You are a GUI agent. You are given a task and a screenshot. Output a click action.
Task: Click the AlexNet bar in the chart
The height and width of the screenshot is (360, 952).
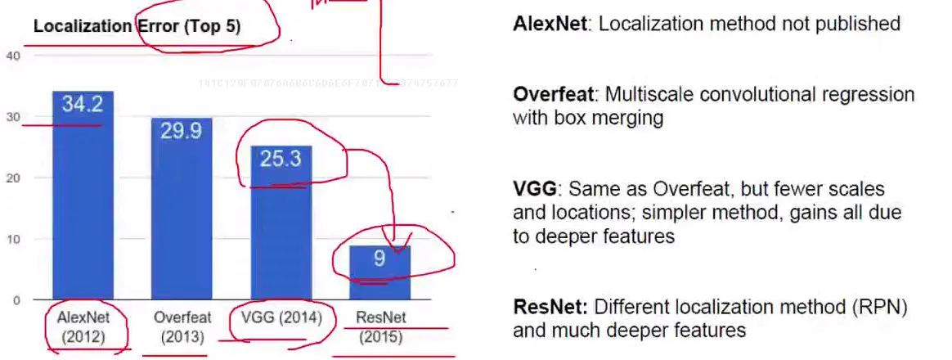(83, 205)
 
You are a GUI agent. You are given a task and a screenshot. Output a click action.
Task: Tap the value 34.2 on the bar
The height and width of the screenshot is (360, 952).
(83, 105)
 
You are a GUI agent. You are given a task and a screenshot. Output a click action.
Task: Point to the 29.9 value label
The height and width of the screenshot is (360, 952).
(182, 131)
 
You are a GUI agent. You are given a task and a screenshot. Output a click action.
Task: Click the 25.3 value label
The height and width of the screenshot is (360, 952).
(281, 159)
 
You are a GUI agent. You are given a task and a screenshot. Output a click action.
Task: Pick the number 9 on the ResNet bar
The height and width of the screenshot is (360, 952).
(379, 259)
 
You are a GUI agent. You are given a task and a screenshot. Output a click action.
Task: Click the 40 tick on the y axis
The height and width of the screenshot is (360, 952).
(11, 56)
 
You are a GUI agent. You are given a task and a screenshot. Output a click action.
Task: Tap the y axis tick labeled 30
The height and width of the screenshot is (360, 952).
(11, 117)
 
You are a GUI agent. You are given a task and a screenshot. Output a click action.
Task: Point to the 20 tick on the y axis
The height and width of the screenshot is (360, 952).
(11, 178)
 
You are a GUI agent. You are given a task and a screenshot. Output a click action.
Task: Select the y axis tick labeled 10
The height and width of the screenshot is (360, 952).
(11, 239)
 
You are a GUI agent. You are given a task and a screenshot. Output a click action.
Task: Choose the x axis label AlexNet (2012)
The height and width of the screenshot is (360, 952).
(83, 326)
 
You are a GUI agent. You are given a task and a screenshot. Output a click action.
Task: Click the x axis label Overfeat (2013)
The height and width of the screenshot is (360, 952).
(182, 326)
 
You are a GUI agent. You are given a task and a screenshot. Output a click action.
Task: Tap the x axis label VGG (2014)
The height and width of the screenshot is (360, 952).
(281, 317)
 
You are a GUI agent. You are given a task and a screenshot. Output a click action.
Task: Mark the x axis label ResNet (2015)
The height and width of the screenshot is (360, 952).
(380, 326)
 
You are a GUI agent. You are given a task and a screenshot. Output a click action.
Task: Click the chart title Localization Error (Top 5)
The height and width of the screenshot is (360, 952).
(137, 26)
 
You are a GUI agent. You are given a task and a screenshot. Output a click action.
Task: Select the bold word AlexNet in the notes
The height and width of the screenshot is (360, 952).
(550, 23)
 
